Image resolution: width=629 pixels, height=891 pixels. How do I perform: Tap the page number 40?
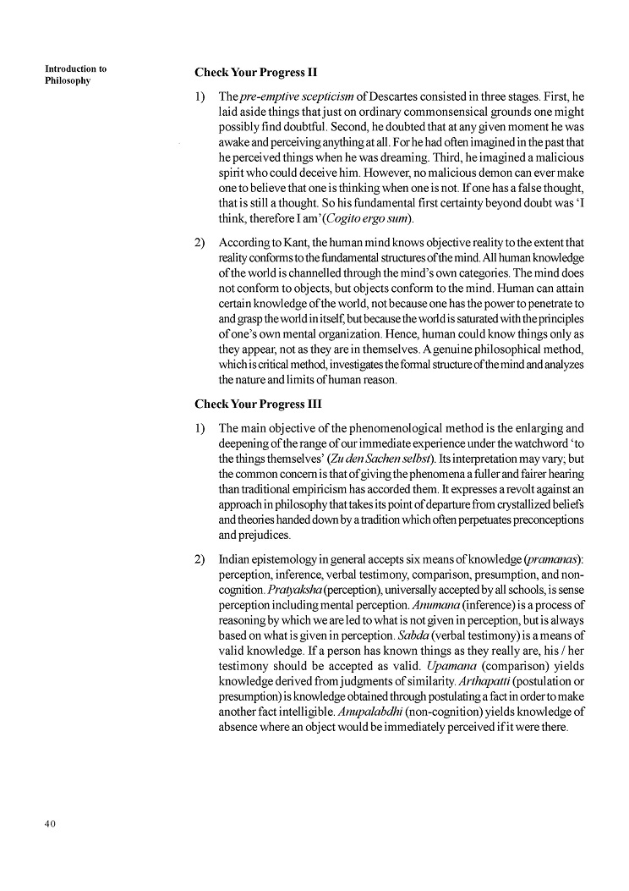(x=50, y=824)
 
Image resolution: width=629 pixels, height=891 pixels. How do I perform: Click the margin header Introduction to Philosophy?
(x=75, y=75)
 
